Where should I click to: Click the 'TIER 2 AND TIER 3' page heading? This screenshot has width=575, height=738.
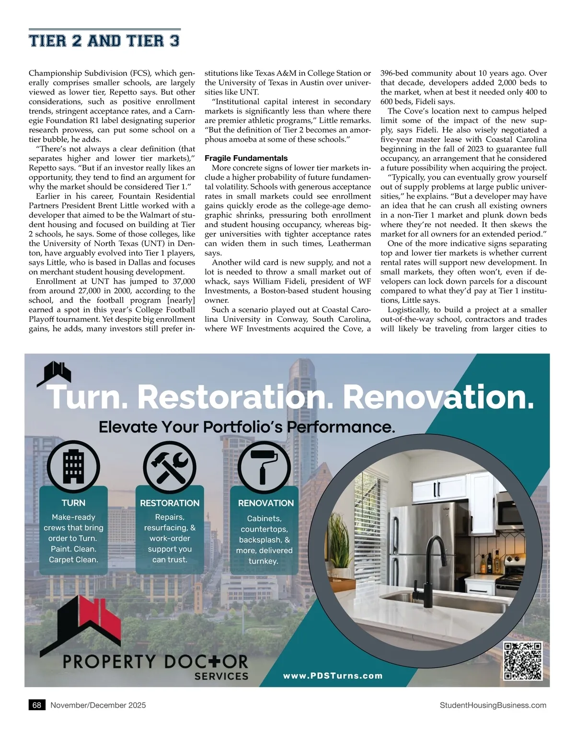104,41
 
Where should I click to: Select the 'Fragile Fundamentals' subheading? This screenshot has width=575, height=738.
246,158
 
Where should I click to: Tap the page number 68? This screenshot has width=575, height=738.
36,705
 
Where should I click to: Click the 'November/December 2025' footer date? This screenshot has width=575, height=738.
98,705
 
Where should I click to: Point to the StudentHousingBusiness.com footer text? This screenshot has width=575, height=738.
493,705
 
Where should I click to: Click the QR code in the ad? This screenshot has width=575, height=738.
523,661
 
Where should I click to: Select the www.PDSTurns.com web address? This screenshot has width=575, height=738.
333,676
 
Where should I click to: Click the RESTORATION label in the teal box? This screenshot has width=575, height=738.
170,503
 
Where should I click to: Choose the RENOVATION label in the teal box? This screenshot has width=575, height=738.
266,503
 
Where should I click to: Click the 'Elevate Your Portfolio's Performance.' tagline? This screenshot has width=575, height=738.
247,427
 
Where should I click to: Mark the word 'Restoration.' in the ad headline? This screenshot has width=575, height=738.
235,397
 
